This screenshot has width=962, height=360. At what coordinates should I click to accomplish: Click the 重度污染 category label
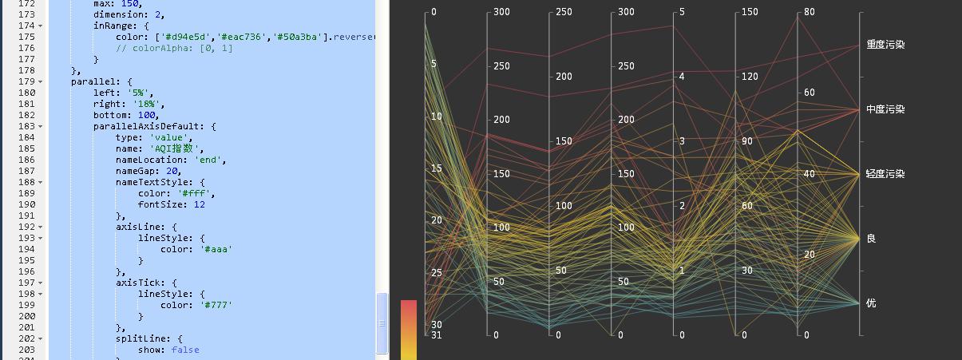885,45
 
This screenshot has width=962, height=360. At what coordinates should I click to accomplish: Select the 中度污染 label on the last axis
885,109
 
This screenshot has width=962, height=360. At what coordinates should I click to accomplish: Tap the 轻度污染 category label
885,174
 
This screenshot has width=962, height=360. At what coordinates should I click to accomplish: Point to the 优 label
871,303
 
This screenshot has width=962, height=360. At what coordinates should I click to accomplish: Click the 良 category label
871,239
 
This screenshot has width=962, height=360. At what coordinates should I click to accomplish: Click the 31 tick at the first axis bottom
436,335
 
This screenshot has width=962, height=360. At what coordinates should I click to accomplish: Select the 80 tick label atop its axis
810,12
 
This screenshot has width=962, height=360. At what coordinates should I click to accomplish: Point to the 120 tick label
747,77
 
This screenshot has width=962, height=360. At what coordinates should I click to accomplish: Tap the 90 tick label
747,141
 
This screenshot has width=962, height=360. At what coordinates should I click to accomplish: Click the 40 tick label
810,174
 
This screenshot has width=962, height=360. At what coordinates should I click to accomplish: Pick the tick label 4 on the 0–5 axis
681,77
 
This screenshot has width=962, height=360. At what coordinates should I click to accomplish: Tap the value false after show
184,350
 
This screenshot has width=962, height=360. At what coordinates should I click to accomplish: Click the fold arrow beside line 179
41,81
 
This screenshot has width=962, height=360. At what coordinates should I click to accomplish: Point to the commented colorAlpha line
174,48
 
